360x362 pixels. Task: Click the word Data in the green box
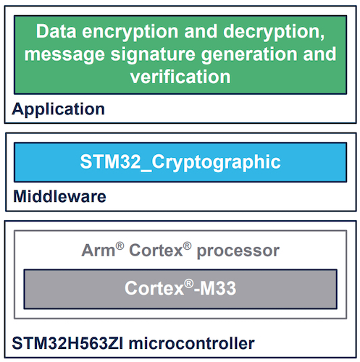pos(56,31)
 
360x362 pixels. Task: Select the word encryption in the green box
pos(130,33)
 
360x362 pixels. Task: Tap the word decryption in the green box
pos(272,33)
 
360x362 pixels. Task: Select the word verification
pos(180,77)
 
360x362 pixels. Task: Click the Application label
pos(59,110)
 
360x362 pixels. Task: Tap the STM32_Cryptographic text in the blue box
pos(180,163)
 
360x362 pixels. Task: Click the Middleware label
pos(59,196)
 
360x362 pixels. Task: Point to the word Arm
pos(99,251)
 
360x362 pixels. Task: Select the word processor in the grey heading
pos(238,252)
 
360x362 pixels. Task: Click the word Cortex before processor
pos(156,251)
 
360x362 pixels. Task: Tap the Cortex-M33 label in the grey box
pos(180,287)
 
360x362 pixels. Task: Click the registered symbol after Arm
pos(120,246)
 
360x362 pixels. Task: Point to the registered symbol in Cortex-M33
pos(189,283)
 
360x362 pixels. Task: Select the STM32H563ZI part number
pos(67,343)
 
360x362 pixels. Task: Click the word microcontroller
pos(192,343)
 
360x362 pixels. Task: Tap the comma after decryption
pos(322,37)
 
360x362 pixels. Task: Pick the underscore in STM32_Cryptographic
pos(146,171)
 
